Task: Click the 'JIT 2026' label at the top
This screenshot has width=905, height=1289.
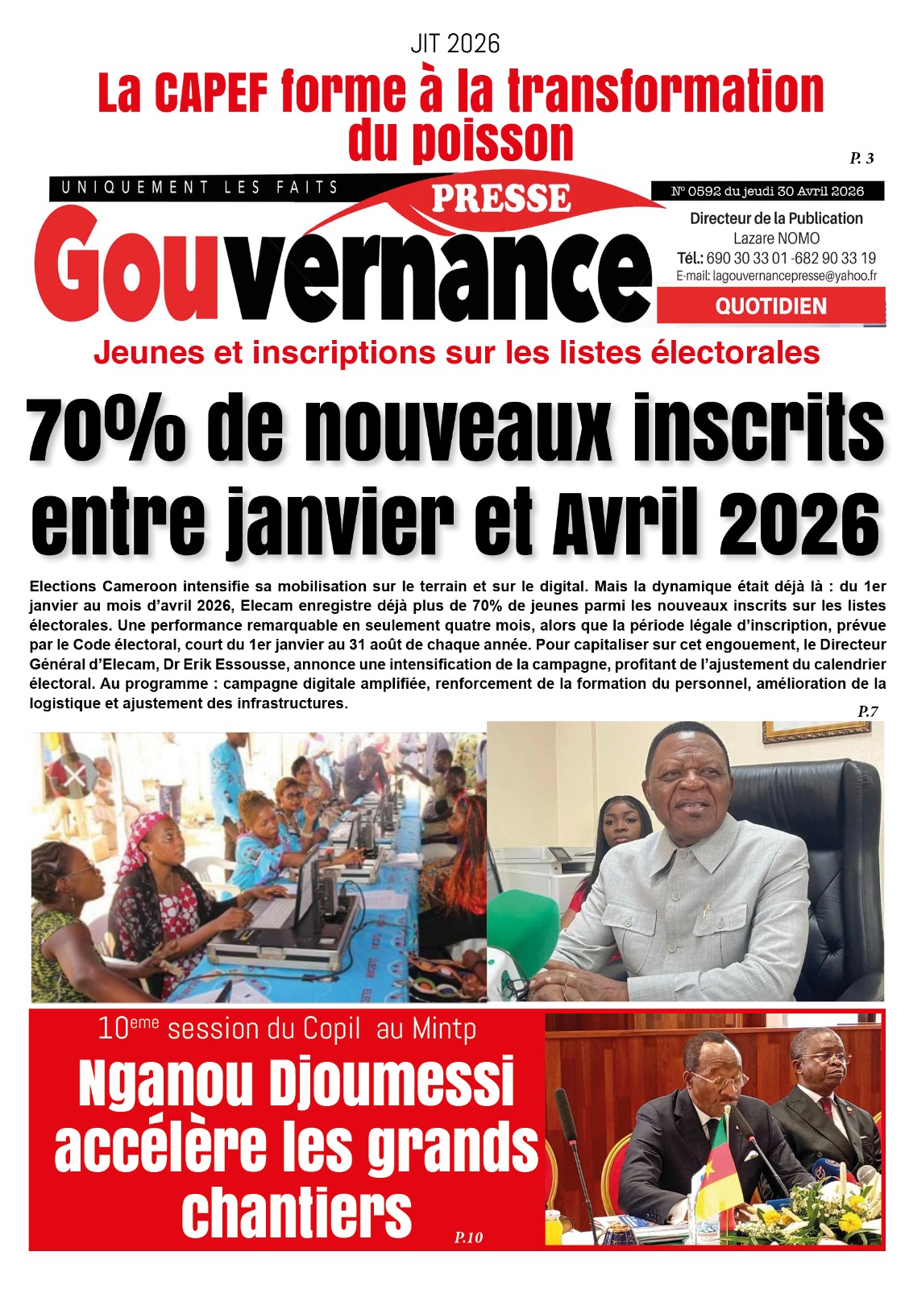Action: coord(455,44)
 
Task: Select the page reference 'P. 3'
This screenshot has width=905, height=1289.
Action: coord(861,158)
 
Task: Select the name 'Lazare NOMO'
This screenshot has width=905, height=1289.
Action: coord(776,238)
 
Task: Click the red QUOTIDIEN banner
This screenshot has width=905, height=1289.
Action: coord(770,306)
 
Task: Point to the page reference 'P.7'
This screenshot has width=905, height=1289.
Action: coord(868,711)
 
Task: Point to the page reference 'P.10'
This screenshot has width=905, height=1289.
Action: coord(468,1237)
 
